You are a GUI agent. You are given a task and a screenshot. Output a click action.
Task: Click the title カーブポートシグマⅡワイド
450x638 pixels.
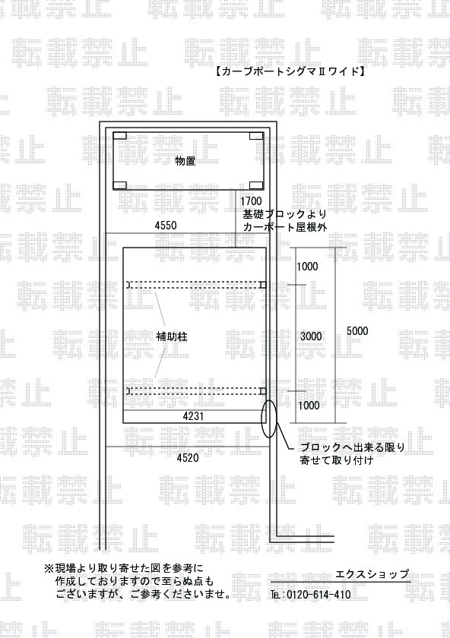(289, 71)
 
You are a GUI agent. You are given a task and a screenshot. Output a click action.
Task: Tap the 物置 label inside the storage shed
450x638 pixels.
(185, 161)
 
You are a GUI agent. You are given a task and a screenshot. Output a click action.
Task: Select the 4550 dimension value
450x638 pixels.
(166, 225)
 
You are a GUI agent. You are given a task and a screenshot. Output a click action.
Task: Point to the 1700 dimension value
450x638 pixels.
(251, 201)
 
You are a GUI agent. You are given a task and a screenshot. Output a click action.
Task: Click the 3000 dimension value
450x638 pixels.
(311, 336)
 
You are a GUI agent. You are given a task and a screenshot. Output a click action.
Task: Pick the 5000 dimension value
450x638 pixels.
(357, 331)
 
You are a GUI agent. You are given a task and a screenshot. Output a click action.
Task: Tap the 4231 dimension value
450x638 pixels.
(193, 416)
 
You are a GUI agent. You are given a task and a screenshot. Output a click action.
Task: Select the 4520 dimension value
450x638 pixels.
(188, 458)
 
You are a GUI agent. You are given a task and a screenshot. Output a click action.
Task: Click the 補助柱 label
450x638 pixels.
(172, 337)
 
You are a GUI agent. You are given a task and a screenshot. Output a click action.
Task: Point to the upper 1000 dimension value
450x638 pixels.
(307, 267)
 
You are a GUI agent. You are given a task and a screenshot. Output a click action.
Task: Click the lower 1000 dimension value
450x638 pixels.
(309, 406)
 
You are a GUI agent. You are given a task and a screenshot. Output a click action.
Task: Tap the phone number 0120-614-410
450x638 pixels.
(318, 595)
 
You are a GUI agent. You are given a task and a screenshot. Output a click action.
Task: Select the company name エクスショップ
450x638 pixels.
(372, 574)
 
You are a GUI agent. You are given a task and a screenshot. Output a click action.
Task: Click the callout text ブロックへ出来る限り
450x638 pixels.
(353, 447)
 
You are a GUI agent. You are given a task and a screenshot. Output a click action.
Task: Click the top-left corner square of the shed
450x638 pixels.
(120, 136)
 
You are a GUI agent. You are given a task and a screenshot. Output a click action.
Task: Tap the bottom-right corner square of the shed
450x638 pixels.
(256, 185)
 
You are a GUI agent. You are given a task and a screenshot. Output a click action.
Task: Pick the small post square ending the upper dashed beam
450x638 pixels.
(263, 285)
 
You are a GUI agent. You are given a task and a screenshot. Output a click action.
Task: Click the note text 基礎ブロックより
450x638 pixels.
(284, 213)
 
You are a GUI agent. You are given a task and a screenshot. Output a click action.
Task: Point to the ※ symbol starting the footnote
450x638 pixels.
(49, 568)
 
